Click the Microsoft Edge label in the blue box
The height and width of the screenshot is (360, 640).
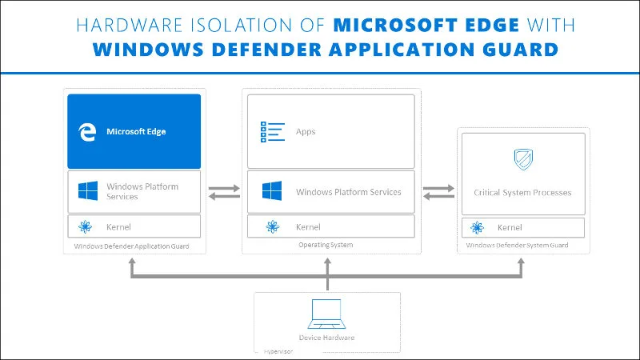coord(136,131)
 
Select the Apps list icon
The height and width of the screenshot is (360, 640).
coord(273,131)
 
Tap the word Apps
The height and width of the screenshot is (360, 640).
coord(306,131)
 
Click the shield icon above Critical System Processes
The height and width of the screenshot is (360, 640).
coord(523,159)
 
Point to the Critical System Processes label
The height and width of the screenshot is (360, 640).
coord(522,193)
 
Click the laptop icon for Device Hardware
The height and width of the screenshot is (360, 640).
coord(326,314)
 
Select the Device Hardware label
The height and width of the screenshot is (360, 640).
coord(326,338)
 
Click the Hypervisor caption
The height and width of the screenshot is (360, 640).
coord(279,351)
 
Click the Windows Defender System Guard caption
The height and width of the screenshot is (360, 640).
coord(517,246)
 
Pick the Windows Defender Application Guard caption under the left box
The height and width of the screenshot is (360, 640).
coord(132,246)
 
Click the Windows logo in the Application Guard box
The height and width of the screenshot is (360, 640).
coord(87,191)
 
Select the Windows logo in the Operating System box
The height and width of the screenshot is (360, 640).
coord(273,192)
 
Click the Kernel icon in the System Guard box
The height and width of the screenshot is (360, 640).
coord(478,228)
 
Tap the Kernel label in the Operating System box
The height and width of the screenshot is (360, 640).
coord(308,227)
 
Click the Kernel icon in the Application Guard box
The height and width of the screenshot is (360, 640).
coord(86,227)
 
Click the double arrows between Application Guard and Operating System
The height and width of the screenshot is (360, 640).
coord(223,193)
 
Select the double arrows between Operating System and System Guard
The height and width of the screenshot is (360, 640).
coord(437,193)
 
